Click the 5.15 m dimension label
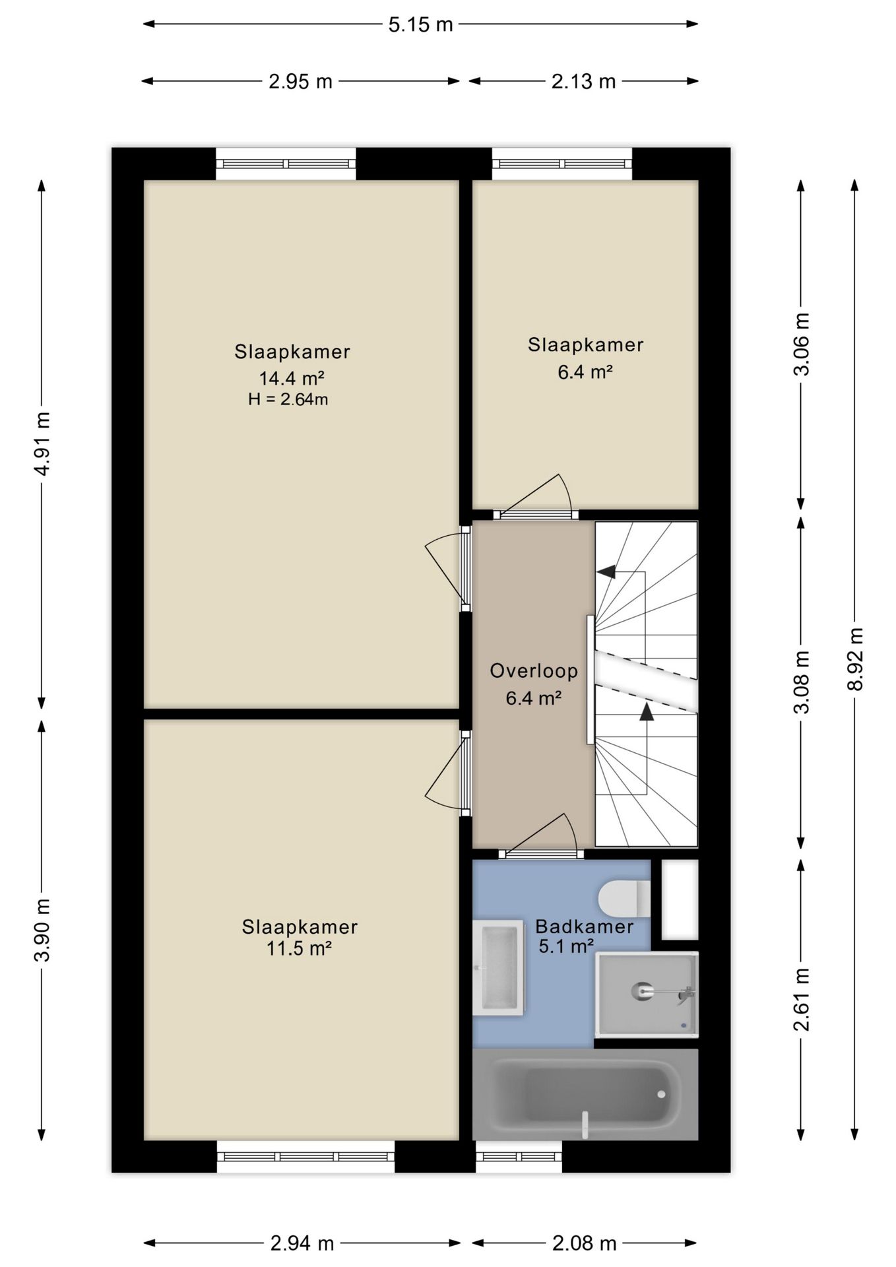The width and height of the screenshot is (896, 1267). tap(420, 24)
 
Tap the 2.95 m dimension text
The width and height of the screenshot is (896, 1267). tap(300, 81)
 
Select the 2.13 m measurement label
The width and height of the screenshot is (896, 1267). tap(583, 81)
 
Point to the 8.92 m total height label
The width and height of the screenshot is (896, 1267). tap(855, 659)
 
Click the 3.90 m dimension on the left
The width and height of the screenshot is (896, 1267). tap(42, 930)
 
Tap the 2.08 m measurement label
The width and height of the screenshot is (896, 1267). tap(584, 1244)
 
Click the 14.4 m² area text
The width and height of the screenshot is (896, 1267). tap(291, 378)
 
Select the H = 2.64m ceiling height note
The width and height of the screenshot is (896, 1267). tap(288, 399)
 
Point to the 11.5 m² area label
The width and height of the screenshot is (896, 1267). tap(298, 948)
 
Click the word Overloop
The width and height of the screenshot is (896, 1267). tap(534, 671)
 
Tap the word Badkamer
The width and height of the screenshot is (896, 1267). tap(585, 926)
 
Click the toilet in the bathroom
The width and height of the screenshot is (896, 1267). tap(624, 898)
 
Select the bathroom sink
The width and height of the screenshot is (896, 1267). tap(499, 967)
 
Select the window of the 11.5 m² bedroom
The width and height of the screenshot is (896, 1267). tap(306, 1157)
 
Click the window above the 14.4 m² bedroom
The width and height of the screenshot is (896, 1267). tap(286, 164)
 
